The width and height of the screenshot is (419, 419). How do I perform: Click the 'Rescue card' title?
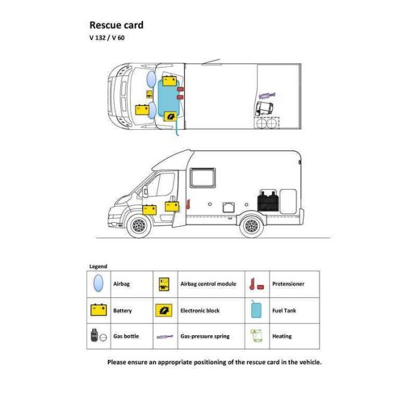coord(116,25)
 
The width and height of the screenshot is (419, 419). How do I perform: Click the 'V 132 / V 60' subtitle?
coord(107,38)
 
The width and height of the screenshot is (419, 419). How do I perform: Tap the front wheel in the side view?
coord(139,226)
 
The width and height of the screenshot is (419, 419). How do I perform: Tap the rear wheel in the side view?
coord(251,226)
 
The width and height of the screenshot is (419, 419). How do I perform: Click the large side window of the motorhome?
coord(202,178)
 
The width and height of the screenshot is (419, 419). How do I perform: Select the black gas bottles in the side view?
coord(268,201)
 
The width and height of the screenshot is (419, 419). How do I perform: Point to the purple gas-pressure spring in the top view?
coord(267,95)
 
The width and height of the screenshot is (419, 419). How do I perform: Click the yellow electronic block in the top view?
coord(170,117)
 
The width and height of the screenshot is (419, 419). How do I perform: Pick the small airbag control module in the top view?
coord(150,94)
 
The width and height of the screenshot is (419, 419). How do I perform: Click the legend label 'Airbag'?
coord(122,284)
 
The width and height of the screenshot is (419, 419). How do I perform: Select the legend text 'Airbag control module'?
coord(208,284)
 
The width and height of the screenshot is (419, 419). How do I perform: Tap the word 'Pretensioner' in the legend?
coord(288,284)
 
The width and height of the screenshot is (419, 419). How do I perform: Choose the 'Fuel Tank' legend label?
coord(284,311)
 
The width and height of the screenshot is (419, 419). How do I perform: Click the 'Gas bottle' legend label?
coord(126,336)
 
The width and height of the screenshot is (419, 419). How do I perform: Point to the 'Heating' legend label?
coord(282,336)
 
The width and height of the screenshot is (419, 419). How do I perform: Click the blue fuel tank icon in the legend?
coord(256,309)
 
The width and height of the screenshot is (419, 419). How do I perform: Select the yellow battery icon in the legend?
coord(99,309)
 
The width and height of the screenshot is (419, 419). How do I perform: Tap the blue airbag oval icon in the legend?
coord(98,283)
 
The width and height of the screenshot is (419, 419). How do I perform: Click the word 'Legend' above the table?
coord(98,266)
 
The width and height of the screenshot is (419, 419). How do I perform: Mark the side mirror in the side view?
coord(145,192)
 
